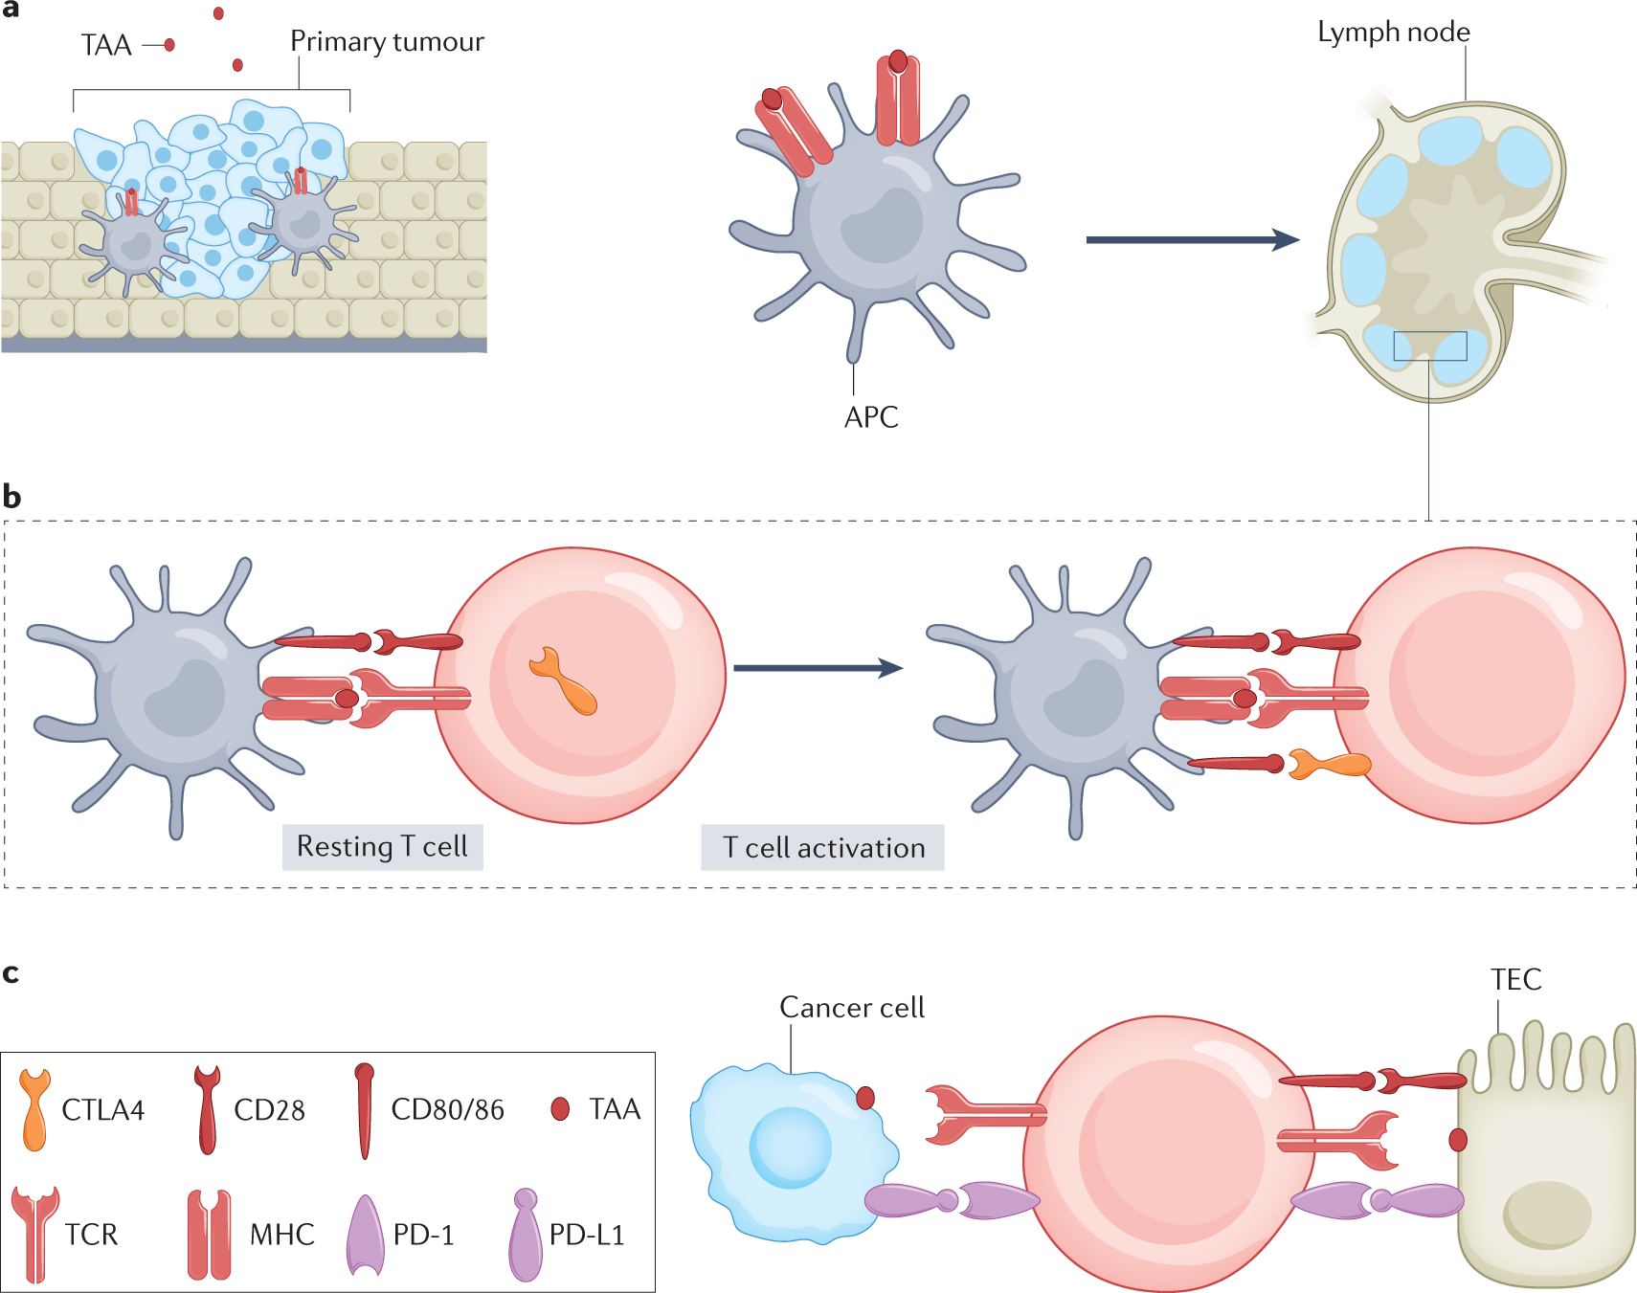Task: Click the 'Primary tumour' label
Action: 387,42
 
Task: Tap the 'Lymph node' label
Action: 1393,33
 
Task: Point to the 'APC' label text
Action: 871,417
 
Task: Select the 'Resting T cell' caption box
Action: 382,847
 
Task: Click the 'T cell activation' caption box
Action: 822,848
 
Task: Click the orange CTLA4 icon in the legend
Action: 34,1110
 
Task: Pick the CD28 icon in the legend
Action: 207,1109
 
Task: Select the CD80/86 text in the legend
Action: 447,1110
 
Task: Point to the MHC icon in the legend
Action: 210,1235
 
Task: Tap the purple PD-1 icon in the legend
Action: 365,1236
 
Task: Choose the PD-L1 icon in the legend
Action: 526,1235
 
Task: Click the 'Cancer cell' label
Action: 852,1008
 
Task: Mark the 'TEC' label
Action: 1515,980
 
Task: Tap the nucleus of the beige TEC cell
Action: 1547,1214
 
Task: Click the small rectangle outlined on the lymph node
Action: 1429,346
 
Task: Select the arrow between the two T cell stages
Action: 818,668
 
